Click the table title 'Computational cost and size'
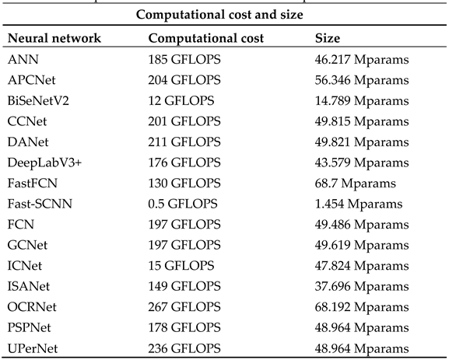coord(224,15)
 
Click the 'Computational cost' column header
coord(205,37)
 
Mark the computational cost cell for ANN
coord(184,58)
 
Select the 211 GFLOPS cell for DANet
coord(184,142)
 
